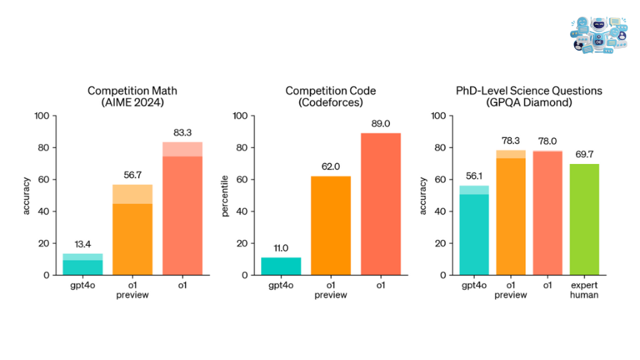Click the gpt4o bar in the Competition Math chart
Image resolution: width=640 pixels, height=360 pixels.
pyautogui.click(x=83, y=265)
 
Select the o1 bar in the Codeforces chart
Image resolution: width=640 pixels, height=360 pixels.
pyautogui.click(x=381, y=203)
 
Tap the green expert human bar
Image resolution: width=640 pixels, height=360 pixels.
pyautogui.click(x=584, y=219)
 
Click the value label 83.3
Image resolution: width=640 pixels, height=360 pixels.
pyautogui.click(x=182, y=133)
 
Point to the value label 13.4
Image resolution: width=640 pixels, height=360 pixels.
pyautogui.click(x=83, y=245)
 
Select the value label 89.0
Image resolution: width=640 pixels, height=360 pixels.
pyautogui.click(x=381, y=124)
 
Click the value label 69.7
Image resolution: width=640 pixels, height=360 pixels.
pyautogui.click(x=584, y=155)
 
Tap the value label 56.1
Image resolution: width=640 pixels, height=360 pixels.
pyautogui.click(x=473, y=177)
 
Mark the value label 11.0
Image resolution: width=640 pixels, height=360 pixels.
pyautogui.click(x=281, y=248)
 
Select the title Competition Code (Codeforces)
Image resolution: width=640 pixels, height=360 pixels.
pyautogui.click(x=331, y=96)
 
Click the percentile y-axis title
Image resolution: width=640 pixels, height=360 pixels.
pyautogui.click(x=225, y=195)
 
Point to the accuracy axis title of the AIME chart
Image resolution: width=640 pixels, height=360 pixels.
pyautogui.click(x=27, y=195)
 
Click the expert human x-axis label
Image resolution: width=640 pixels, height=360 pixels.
pyautogui.click(x=584, y=291)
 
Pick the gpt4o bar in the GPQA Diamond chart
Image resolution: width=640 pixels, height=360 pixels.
pyautogui.click(x=473, y=231)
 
